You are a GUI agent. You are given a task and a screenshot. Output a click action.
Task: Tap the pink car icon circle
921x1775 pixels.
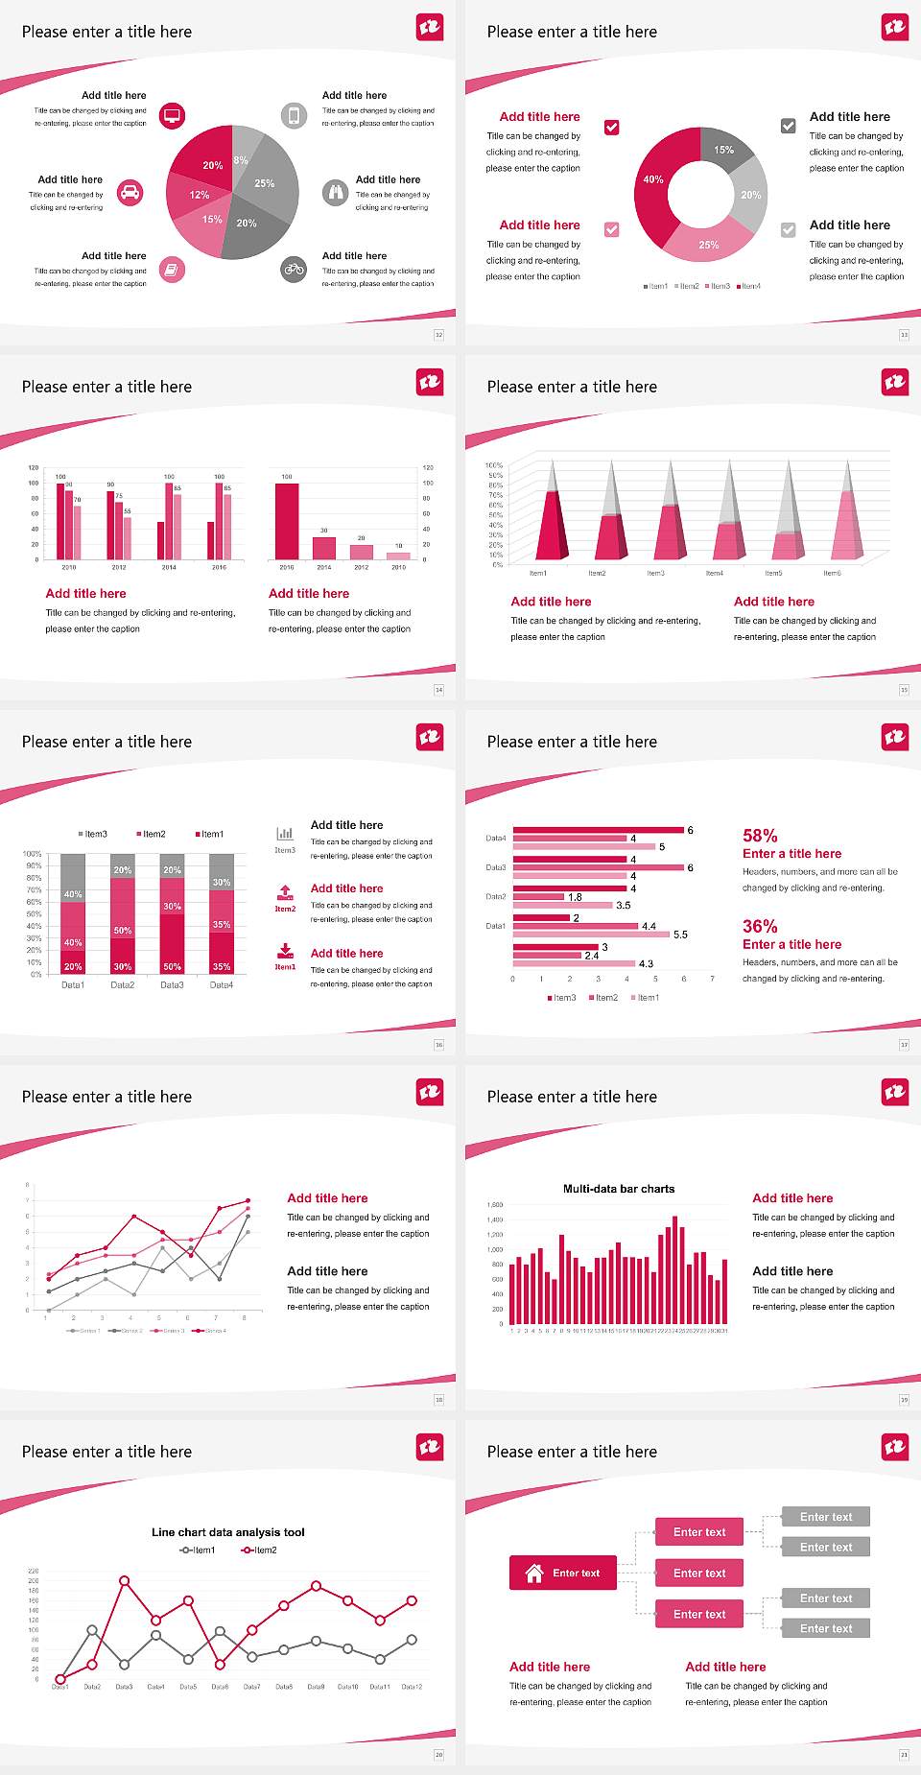coord(130,193)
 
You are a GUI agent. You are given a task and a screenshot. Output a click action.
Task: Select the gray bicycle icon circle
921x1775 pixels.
coord(294,270)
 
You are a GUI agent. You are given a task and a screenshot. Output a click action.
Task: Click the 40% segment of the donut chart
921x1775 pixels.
coord(651,182)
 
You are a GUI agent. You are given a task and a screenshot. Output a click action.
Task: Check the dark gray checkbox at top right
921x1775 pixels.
coord(788,126)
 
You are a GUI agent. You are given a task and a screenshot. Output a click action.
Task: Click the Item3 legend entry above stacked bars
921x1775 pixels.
coord(93,834)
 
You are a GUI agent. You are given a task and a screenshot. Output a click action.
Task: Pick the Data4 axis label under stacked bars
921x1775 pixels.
coord(222,985)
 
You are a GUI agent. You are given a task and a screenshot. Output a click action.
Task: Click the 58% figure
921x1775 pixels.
coord(760,836)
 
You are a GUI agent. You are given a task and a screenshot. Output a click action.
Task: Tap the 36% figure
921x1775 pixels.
coord(760,927)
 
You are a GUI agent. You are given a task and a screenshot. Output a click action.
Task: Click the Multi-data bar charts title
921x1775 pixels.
coord(619,1189)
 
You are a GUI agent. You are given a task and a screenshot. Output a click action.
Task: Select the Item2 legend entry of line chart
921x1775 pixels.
coord(260,1550)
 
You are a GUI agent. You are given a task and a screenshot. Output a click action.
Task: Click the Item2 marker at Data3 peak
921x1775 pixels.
coord(124,1580)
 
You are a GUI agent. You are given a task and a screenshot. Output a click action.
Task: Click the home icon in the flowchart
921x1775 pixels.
coord(534,1573)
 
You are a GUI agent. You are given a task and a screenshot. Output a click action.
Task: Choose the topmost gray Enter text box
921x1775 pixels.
coord(826,1517)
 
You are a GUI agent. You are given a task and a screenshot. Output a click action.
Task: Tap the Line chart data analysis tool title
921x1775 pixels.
coord(228,1532)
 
